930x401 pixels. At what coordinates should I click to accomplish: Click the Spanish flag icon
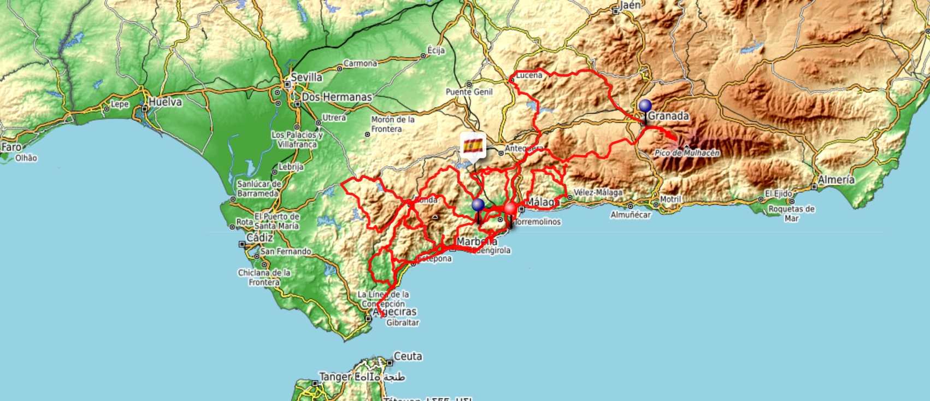point(473,145)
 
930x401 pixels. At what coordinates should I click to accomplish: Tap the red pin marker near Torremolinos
point(510,208)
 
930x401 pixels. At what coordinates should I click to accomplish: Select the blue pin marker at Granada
point(645,105)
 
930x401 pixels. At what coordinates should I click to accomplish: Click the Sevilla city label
point(306,78)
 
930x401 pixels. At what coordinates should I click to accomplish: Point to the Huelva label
point(165,102)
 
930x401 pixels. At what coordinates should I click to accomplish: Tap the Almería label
point(836,179)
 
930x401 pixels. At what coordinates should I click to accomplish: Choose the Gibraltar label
point(403,323)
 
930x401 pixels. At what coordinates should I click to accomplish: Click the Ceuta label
point(408,356)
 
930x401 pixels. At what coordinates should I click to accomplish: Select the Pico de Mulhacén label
point(687,153)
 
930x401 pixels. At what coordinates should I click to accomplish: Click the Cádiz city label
point(260,238)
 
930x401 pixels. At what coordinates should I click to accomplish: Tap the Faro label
point(11,147)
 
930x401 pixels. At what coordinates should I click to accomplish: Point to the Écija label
point(436,50)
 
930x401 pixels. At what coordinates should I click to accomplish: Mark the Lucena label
point(529,75)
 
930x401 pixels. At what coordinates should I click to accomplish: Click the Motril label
point(670,199)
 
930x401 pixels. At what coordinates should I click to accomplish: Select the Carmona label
point(360,63)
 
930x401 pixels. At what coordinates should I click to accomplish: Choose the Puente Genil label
point(469,92)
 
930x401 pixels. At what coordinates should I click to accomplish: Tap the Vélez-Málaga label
point(598,192)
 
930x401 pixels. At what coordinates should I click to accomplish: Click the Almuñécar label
point(631,215)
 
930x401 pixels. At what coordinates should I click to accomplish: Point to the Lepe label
point(120,104)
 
